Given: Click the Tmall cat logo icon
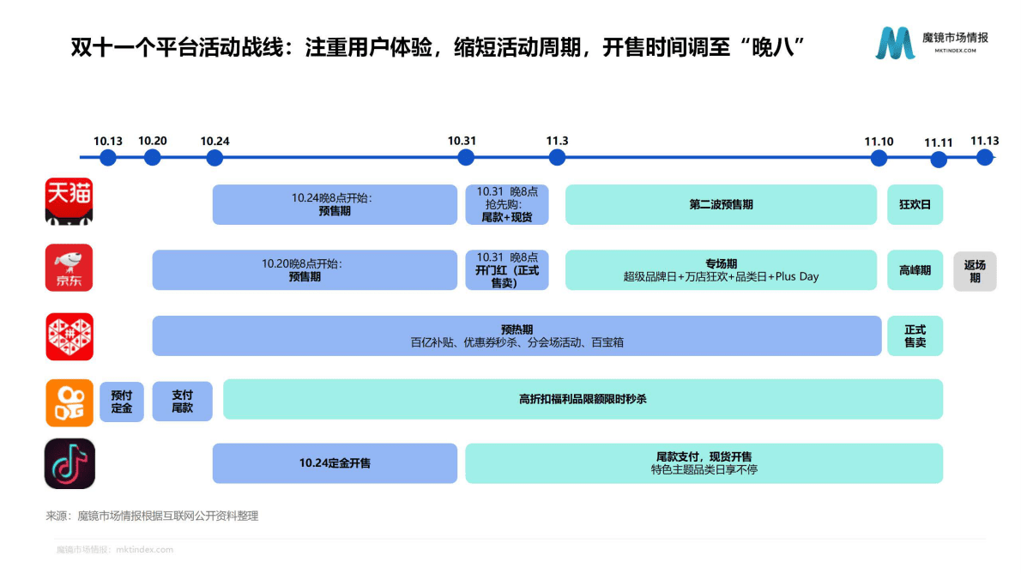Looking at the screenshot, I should (x=69, y=202).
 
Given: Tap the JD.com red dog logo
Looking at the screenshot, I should (x=69, y=267).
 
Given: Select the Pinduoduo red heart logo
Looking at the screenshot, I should (x=69, y=335).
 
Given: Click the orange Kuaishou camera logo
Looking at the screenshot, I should (x=69, y=402).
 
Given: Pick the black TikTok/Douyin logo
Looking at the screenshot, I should (x=69, y=463).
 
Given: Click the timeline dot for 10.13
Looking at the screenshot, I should (x=108, y=158).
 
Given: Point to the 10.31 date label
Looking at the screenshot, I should (x=462, y=141).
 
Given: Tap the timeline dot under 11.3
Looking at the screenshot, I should (x=557, y=158).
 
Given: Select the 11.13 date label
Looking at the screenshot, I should (x=984, y=141).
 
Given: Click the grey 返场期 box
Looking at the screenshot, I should (x=975, y=271).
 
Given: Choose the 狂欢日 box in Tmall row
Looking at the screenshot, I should (x=915, y=205).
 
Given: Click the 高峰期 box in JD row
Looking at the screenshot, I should (x=915, y=270).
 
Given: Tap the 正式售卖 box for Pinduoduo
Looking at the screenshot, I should (x=915, y=335).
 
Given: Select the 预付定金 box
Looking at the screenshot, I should (x=122, y=401).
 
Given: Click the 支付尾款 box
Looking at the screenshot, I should (x=182, y=401).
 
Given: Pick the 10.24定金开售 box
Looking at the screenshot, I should (x=335, y=463).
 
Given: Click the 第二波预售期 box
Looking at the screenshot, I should (x=721, y=205).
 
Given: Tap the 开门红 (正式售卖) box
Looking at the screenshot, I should (x=506, y=270).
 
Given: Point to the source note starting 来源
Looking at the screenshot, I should (x=152, y=516).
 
